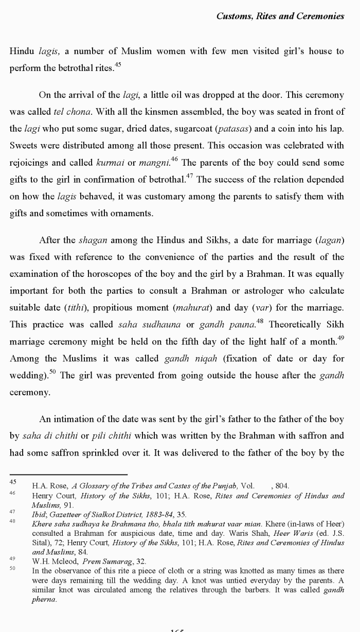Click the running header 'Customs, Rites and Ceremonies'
click(280, 16)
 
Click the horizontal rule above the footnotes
click(68, 474)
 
